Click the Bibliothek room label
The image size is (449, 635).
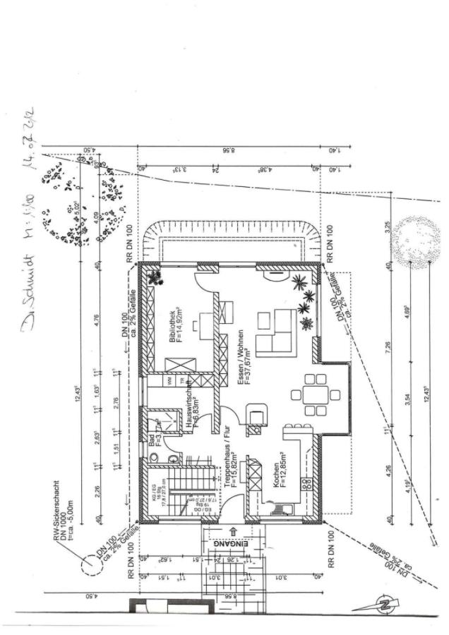176,326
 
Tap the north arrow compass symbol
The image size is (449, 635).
384,604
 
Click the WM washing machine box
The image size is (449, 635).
170,380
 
